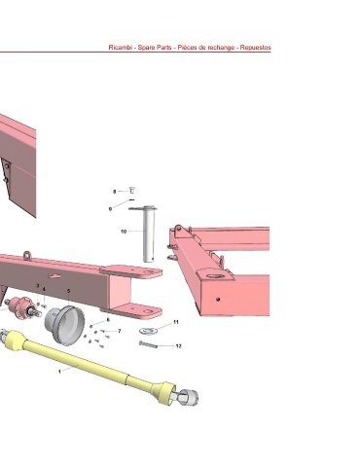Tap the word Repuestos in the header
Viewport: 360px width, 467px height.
pos(255,48)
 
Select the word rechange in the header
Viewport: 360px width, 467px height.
pos(221,48)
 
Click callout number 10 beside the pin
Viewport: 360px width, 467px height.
pos(124,232)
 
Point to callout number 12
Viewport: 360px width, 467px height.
pos(178,346)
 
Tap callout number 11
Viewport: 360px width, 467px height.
pos(176,322)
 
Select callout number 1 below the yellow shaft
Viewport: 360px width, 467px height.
pos(59,372)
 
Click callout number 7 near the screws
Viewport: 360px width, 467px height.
pos(120,331)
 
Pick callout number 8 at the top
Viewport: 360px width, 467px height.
pos(114,192)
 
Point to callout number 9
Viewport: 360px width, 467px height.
pos(110,209)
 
